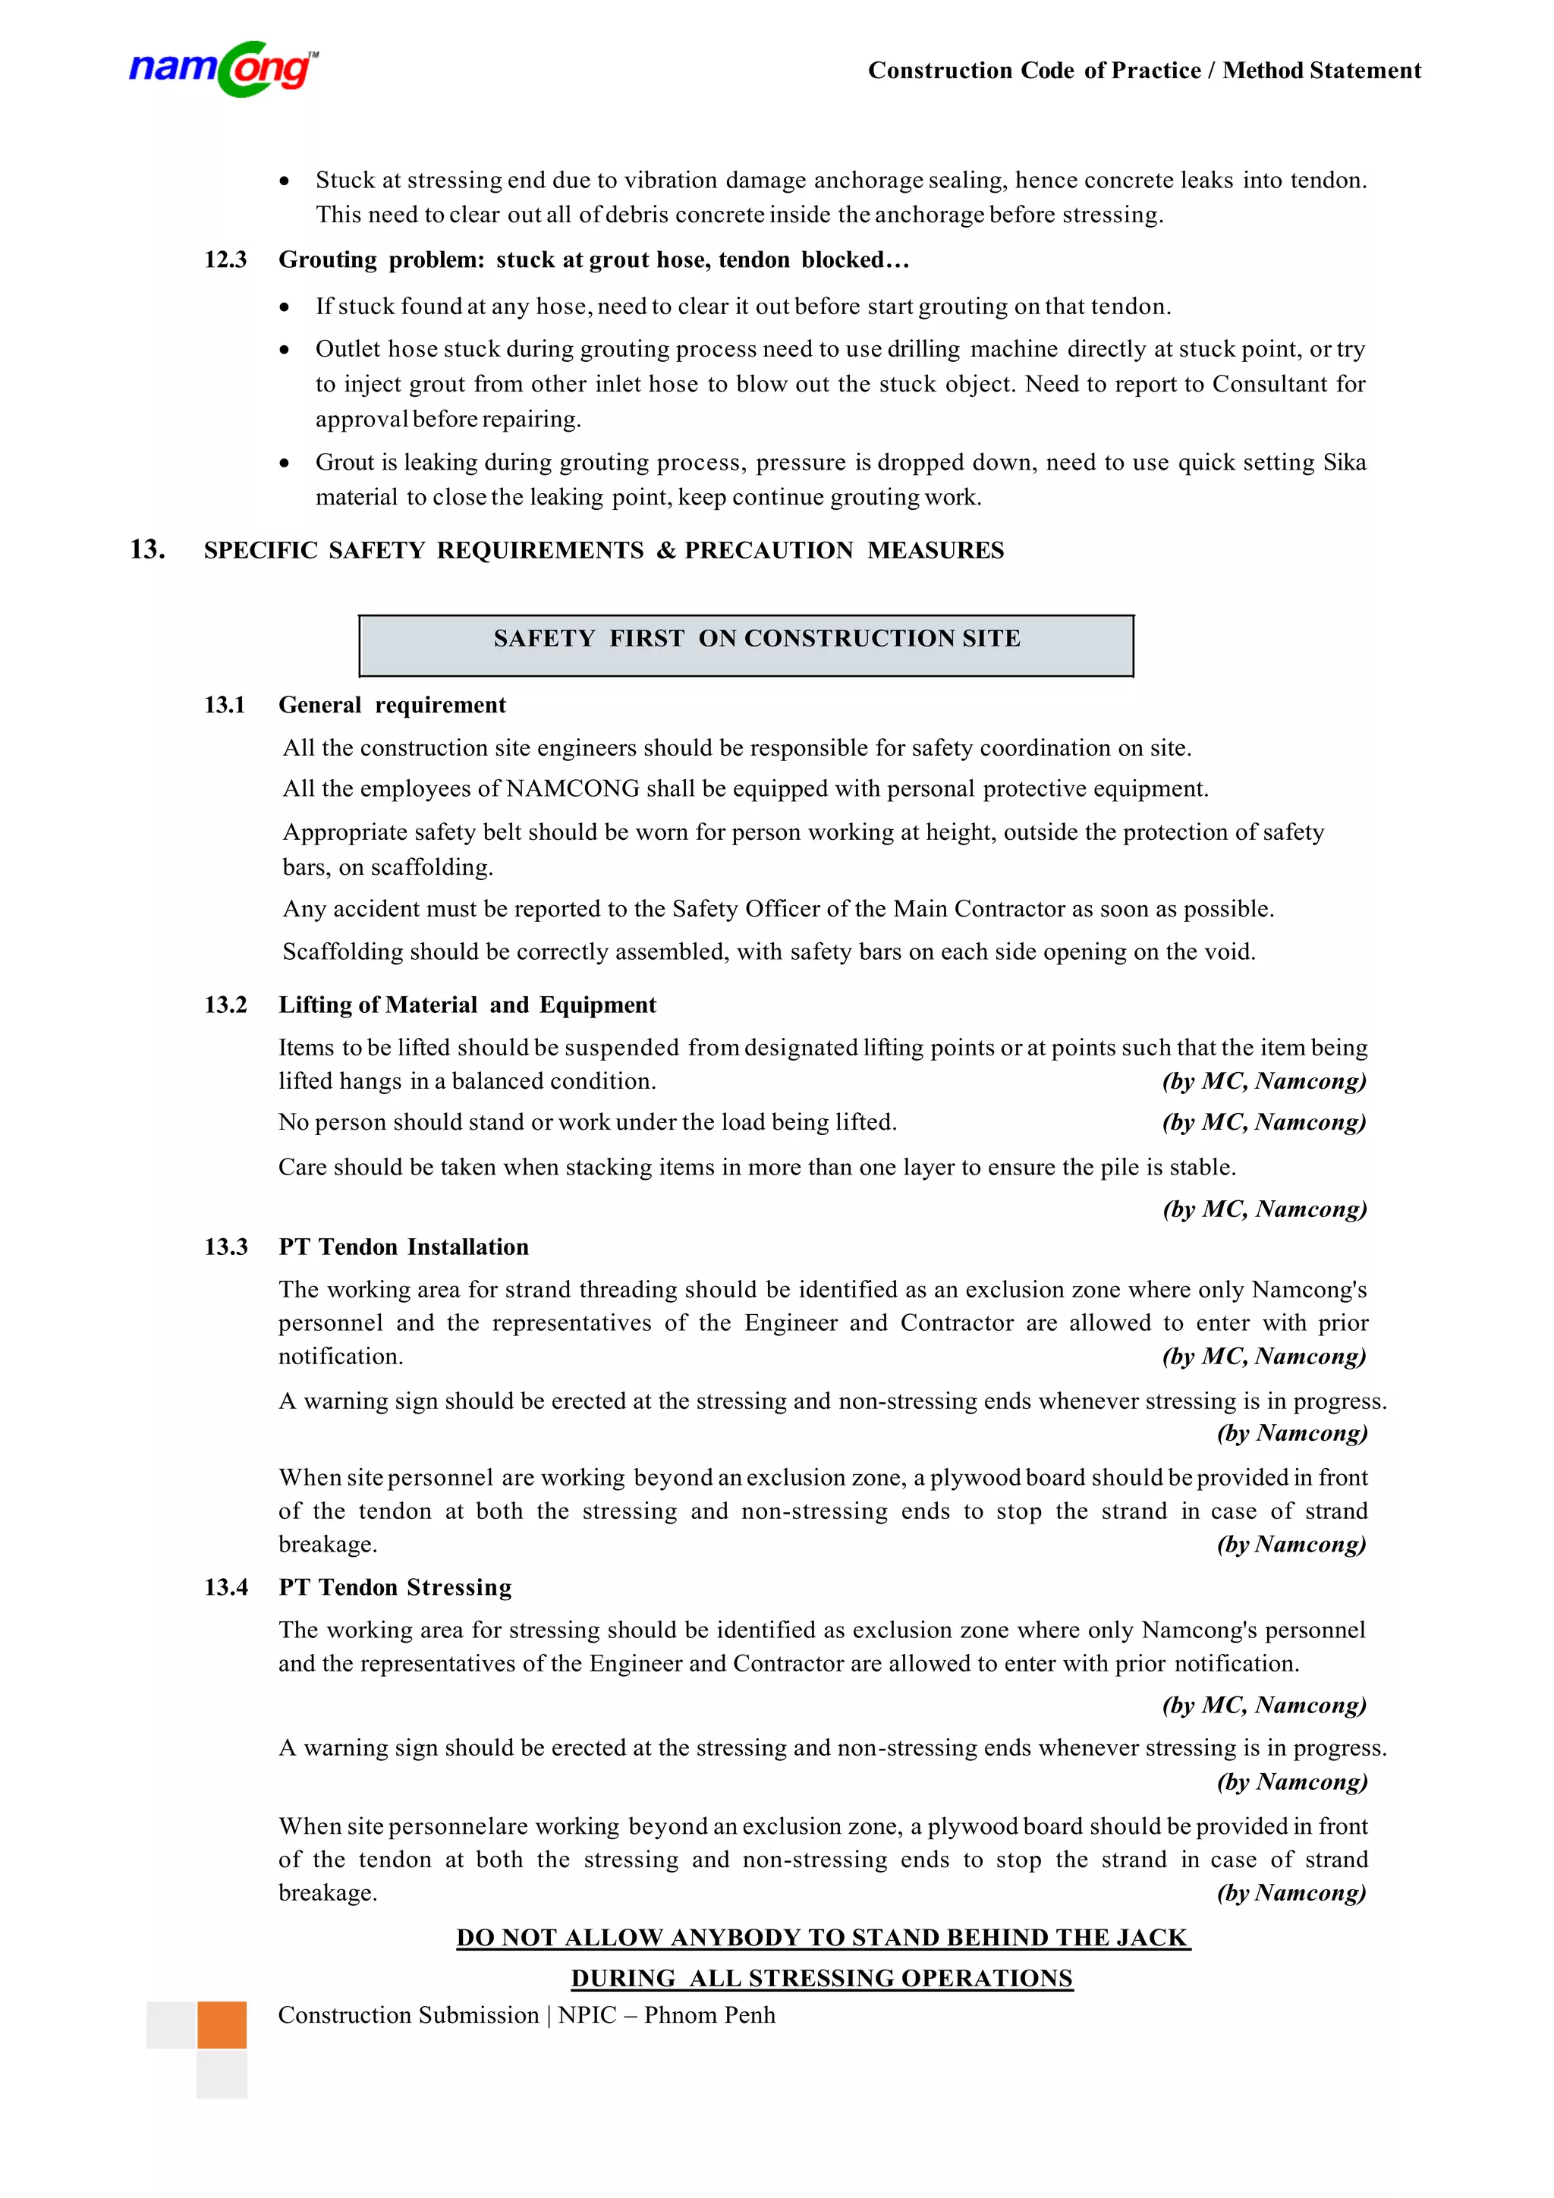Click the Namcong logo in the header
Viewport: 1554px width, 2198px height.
click(x=223, y=69)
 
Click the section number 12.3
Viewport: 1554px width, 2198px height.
click(x=225, y=260)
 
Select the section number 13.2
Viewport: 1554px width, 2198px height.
click(x=225, y=1005)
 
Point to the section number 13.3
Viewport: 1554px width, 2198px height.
click(x=225, y=1247)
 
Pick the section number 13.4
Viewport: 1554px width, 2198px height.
click(x=225, y=1587)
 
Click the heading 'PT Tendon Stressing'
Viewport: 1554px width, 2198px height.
click(x=395, y=1587)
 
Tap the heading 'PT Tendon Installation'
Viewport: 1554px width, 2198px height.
click(x=403, y=1247)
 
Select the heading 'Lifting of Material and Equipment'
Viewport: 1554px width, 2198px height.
click(x=467, y=1005)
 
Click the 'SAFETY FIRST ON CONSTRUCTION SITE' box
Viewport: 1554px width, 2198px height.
click(x=746, y=645)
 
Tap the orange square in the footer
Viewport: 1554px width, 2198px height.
click(x=222, y=2025)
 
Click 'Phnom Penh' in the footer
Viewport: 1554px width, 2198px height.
click(x=709, y=2015)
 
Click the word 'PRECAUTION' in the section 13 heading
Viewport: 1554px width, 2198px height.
click(x=768, y=551)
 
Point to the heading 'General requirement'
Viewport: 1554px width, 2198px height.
click(x=392, y=706)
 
